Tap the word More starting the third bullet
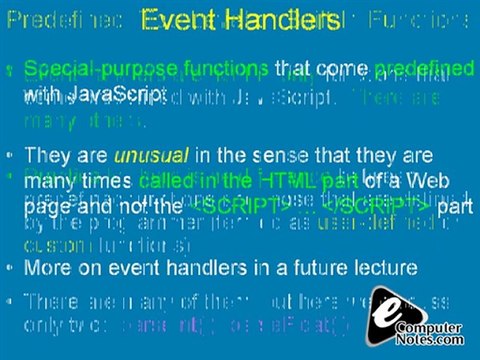click(47, 267)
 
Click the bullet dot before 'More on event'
click(10, 268)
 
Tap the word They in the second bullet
click(44, 157)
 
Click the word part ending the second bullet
click(455, 205)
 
